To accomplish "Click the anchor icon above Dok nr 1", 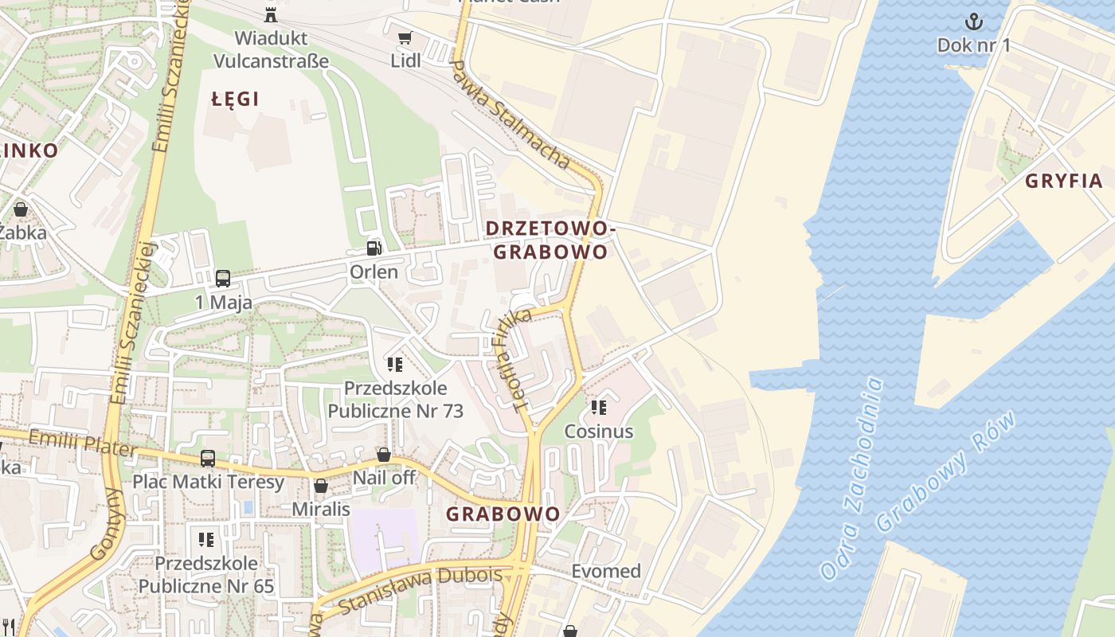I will pos(973,21).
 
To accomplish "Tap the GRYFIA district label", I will pos(1063,181).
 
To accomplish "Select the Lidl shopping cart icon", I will pos(405,37).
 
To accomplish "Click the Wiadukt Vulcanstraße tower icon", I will pos(271,14).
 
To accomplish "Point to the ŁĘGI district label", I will pos(236,99).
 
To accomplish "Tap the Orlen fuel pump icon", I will pos(374,248).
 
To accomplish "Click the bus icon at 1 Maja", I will pos(223,279).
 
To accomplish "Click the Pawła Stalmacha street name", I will pos(510,115).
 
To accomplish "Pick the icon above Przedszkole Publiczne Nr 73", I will pos(395,365).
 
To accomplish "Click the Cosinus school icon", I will pos(599,408).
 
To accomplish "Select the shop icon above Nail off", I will pos(384,455).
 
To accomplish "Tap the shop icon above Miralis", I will pos(321,486).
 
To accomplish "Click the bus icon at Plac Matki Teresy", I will pos(208,458).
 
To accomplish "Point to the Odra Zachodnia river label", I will pos(852,478).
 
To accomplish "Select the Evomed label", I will pos(606,571).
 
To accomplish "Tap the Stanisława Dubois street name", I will pos(420,590).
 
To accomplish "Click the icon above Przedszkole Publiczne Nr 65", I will pos(206,540).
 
